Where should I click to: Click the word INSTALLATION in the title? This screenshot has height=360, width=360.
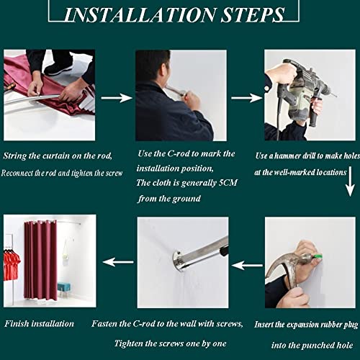[x=140, y=15]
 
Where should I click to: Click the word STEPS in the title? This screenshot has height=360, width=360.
[x=253, y=15]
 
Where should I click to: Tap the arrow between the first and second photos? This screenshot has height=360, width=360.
[x=117, y=98]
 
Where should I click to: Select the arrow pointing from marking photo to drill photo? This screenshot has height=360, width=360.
[x=247, y=98]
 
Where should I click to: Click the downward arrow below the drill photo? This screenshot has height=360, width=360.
[x=350, y=181]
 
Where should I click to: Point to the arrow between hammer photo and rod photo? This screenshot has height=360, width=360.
[x=247, y=266]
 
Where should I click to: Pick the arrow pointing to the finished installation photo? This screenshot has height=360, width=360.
[x=118, y=262]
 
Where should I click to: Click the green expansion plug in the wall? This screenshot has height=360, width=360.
[x=318, y=255]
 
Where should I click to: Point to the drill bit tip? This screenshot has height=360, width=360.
[x=336, y=96]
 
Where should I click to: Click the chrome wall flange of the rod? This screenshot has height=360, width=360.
[x=178, y=261]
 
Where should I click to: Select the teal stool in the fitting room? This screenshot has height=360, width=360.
[x=64, y=289]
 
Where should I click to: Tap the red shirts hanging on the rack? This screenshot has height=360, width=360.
[x=12, y=264]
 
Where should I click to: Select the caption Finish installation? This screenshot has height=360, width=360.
[x=39, y=324]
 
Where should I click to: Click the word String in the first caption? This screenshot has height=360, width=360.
[x=15, y=156]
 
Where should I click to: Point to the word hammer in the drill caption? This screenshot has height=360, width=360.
[x=287, y=156]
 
